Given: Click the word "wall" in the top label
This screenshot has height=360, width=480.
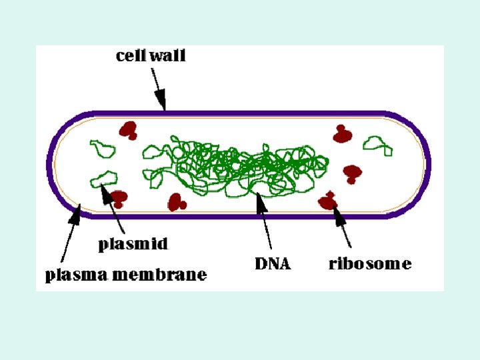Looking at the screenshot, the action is click(167, 56).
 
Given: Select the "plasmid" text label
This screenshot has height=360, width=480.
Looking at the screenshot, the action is click(133, 244).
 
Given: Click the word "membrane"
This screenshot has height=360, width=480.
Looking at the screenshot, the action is click(169, 274).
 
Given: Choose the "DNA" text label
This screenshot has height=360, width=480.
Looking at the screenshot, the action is click(273, 263).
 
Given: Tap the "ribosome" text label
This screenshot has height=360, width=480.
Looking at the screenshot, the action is click(370, 263).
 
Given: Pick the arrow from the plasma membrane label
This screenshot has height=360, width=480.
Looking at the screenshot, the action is click(70, 233).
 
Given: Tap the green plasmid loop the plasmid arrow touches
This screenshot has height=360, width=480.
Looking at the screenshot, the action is click(103, 178).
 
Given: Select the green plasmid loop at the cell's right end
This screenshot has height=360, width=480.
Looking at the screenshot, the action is click(377, 144).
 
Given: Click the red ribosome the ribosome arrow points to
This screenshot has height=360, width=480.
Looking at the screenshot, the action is click(328, 201).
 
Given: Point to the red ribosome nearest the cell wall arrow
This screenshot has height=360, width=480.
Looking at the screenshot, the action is click(127, 129).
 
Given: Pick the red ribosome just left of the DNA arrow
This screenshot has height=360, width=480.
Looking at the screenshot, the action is click(177, 201).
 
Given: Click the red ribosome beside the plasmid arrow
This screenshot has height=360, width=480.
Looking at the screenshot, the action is click(119, 197).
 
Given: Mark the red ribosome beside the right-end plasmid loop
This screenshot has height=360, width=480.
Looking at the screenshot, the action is click(343, 134).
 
